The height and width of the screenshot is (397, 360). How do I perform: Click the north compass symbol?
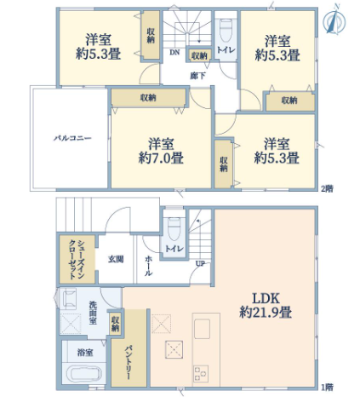point(334,20)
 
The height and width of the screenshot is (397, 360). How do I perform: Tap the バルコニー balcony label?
point(73,139)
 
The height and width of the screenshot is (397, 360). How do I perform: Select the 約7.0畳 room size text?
point(161,158)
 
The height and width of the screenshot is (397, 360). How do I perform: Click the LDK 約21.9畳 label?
point(266,306)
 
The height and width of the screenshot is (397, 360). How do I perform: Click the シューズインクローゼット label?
point(77,260)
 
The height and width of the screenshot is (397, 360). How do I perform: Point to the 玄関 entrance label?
point(116,259)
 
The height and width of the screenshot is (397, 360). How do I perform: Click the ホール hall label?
point(148,266)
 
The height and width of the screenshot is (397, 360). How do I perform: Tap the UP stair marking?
point(200,263)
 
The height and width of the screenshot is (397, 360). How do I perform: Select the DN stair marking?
point(174,52)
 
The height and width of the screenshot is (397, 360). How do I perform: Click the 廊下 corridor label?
point(197,76)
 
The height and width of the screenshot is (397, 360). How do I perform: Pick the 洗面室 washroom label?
point(93,313)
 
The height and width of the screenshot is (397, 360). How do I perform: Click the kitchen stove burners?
point(201,373)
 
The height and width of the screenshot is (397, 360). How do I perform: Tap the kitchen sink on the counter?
point(202,329)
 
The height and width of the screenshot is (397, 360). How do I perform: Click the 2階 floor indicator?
point(327,188)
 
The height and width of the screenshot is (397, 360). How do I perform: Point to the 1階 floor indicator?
point(327,387)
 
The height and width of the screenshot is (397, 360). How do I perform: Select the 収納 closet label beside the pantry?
point(115,324)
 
